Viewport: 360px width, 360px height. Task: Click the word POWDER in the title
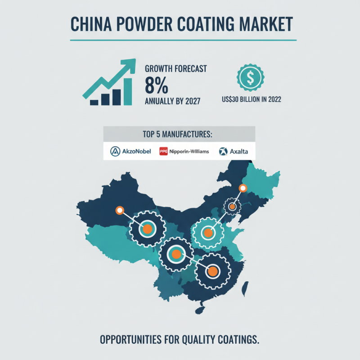pos(144,24)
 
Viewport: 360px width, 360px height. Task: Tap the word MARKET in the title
pos(266,24)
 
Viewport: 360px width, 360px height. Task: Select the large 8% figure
pos(157,85)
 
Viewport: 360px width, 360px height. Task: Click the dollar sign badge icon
pos(251,77)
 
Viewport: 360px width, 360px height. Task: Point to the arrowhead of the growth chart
pos(129,64)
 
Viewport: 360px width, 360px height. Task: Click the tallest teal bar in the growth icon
pos(128,92)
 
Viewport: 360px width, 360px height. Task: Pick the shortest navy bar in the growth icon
pos(94,103)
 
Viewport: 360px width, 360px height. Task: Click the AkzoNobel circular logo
pos(115,151)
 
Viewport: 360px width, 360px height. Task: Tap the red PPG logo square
pos(163,151)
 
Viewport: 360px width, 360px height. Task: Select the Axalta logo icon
pos(223,151)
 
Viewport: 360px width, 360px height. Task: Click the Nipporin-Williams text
pos(189,152)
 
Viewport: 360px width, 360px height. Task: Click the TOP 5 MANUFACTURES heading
pos(177,134)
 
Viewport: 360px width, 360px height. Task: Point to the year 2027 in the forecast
pos(193,101)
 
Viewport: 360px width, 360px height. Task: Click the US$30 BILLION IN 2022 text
pos(252,99)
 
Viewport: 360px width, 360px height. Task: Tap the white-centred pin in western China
pos(120,210)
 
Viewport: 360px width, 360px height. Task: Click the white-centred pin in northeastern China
pos(243,188)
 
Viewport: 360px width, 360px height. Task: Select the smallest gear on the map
pos(232,207)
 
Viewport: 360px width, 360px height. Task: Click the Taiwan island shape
pos(245,289)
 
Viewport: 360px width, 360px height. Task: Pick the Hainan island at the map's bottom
pos(200,310)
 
